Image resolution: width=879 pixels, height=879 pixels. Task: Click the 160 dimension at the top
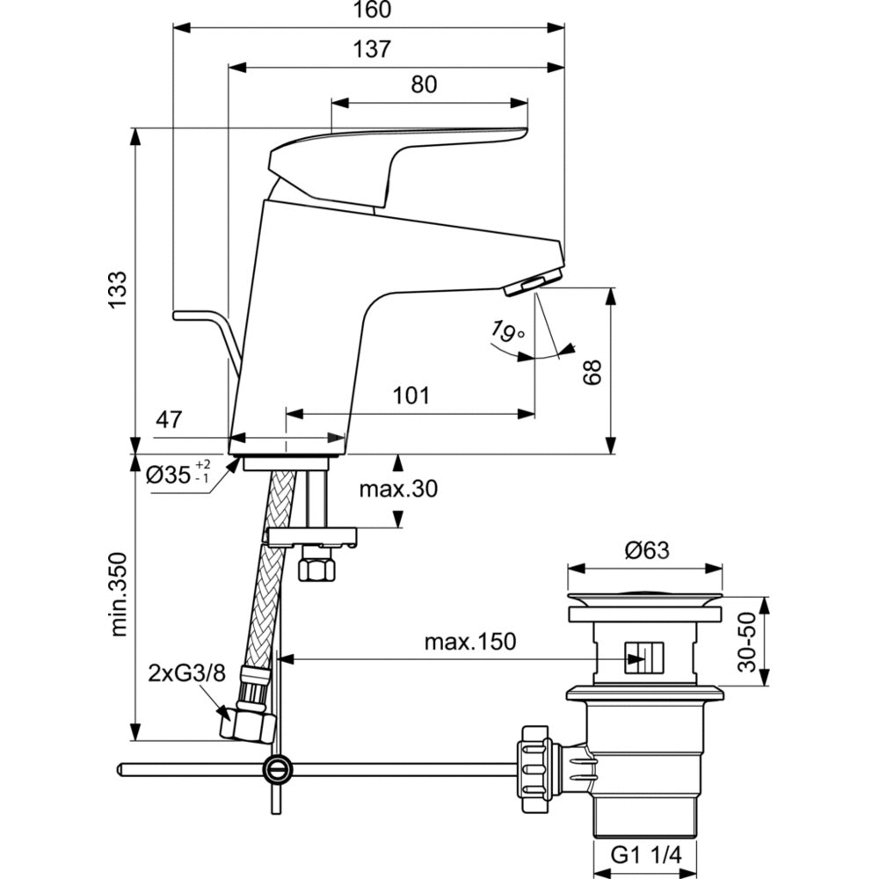point(374,11)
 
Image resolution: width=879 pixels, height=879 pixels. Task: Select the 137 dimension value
point(374,49)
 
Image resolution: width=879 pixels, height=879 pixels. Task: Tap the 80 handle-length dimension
point(424,84)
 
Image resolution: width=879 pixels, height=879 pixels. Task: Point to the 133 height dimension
point(117,288)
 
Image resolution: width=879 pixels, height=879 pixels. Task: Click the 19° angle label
point(507,333)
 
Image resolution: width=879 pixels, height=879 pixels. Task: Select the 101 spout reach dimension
point(411,396)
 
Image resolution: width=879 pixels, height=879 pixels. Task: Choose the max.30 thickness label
point(397,490)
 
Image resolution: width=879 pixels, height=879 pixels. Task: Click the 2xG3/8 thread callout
point(186,673)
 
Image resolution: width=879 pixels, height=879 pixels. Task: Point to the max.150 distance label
point(469,642)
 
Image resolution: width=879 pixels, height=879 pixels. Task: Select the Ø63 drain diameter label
point(647,551)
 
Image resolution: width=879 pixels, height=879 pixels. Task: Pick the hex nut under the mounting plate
point(317,568)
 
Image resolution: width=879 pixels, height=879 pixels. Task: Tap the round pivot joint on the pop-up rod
point(277,769)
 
